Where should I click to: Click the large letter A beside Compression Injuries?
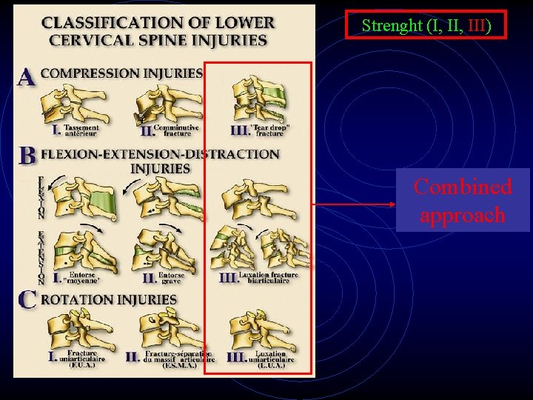(27, 77)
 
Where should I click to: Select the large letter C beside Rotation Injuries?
(27, 300)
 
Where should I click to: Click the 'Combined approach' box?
(463, 201)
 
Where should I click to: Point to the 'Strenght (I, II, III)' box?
(426, 25)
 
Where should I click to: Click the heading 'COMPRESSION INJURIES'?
(121, 73)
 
